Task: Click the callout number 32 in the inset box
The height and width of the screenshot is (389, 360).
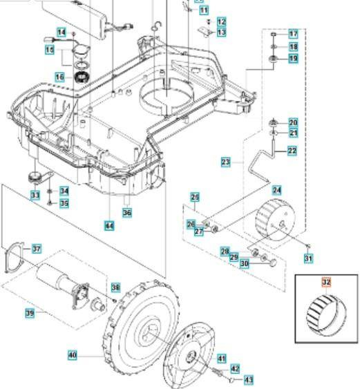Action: pyautogui.click(x=326, y=283)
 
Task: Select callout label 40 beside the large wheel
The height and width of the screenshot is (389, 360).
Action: pyautogui.click(x=73, y=355)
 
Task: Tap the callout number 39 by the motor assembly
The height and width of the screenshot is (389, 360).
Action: pyautogui.click(x=30, y=314)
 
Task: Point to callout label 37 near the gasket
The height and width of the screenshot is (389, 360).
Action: pyautogui.click(x=37, y=249)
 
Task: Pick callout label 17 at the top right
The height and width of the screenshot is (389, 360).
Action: pyautogui.click(x=293, y=34)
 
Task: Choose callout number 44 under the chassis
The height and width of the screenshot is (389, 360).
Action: pyautogui.click(x=109, y=226)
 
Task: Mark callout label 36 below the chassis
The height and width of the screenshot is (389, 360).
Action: pyautogui.click(x=127, y=214)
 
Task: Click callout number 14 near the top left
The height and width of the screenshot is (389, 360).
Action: pyautogui.click(x=61, y=32)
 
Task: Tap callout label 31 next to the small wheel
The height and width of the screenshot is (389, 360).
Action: pyautogui.click(x=308, y=258)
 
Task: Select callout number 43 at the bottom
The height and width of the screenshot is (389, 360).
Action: pyautogui.click(x=249, y=379)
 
